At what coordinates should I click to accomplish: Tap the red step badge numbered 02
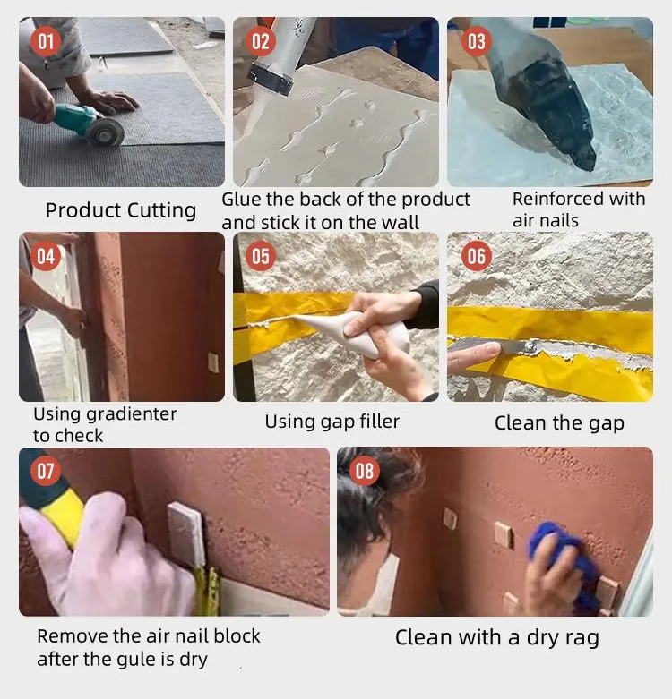(x=261, y=41)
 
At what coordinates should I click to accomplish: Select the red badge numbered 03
(x=476, y=41)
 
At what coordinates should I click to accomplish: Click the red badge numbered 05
(x=261, y=257)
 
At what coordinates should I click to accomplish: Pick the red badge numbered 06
(x=476, y=257)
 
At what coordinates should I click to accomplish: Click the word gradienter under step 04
(x=131, y=413)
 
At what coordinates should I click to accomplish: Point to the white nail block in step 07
(x=186, y=533)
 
